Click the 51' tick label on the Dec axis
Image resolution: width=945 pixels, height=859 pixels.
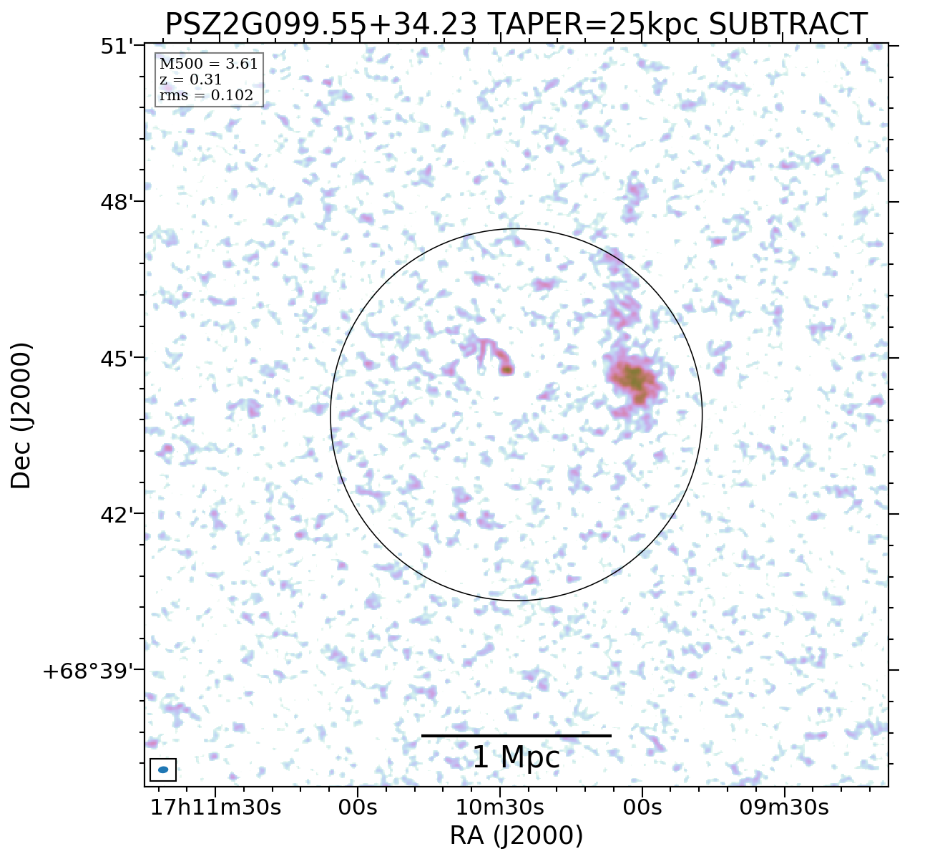pyautogui.click(x=117, y=47)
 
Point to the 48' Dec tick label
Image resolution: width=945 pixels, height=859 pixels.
pyautogui.click(x=117, y=203)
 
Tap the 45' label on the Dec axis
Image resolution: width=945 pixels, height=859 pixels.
pyautogui.click(x=117, y=359)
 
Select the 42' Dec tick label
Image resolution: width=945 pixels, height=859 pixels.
pyautogui.click(x=117, y=515)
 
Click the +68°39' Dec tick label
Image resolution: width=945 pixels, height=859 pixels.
pyautogui.click(x=89, y=671)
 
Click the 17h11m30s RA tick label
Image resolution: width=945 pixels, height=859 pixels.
pyautogui.click(x=215, y=807)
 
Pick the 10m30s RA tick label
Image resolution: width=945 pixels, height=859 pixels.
pyautogui.click(x=500, y=807)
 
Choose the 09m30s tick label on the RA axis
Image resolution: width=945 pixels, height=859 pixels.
pyautogui.click(x=784, y=807)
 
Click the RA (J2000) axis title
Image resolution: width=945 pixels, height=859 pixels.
pyautogui.click(x=516, y=835)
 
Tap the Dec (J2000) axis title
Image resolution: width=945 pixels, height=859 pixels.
pyautogui.click(x=21, y=415)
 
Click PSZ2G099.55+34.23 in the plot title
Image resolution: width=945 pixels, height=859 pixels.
pyautogui.click(x=321, y=25)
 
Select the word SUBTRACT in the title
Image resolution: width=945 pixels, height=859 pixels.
pyautogui.click(x=788, y=25)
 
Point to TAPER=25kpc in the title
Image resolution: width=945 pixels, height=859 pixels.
pyautogui.click(x=593, y=25)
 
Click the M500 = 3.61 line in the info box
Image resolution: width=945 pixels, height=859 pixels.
pyautogui.click(x=208, y=64)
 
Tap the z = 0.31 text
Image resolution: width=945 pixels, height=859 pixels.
pyautogui.click(x=190, y=80)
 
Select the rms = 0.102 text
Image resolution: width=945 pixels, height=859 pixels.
pyautogui.click(x=206, y=96)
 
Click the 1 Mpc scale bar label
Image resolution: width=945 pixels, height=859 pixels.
pyautogui.click(x=516, y=758)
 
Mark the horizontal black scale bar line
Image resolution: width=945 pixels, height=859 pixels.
pyautogui.click(x=516, y=735)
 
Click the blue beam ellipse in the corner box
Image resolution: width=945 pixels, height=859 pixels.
pyautogui.click(x=163, y=770)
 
